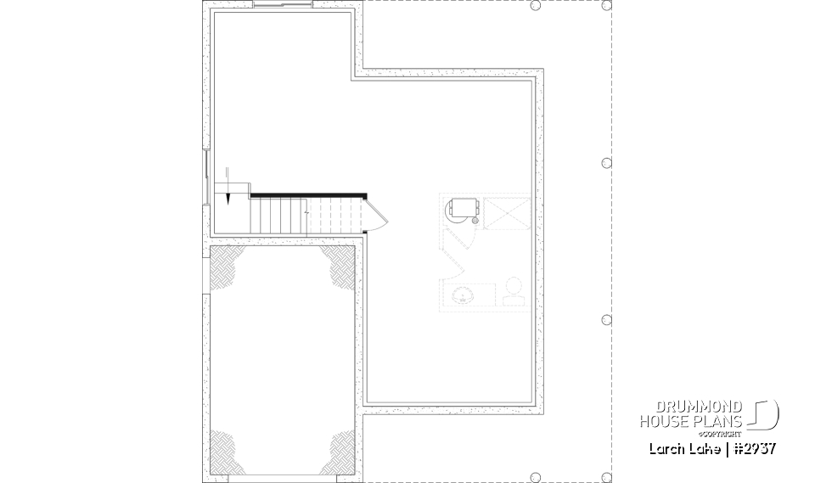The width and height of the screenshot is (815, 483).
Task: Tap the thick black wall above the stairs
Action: point(307,194)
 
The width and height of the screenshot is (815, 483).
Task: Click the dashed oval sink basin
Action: point(464,295)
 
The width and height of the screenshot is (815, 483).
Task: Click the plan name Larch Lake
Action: point(683,448)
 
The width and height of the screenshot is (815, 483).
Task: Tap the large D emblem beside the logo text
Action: point(766,414)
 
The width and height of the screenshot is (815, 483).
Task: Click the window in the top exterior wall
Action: point(284,6)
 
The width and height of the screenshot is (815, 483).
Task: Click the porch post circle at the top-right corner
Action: point(606,5)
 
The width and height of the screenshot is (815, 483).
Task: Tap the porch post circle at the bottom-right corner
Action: point(606,477)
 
